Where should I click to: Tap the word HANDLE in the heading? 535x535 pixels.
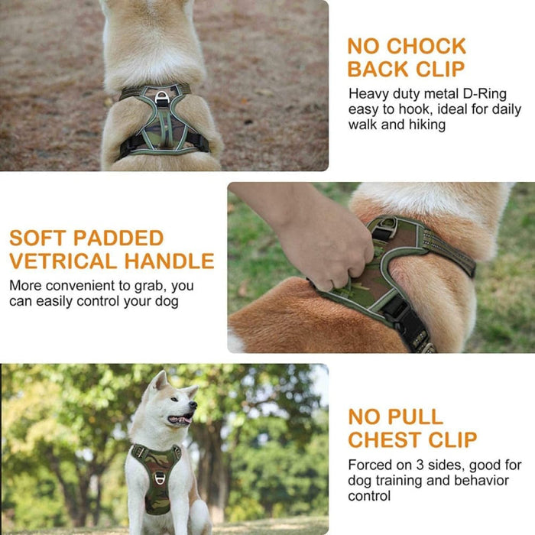pyautogui.click(x=169, y=261)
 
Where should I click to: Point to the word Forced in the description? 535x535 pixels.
pyautogui.click(x=369, y=465)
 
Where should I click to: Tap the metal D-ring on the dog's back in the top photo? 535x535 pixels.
pyautogui.click(x=163, y=96)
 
